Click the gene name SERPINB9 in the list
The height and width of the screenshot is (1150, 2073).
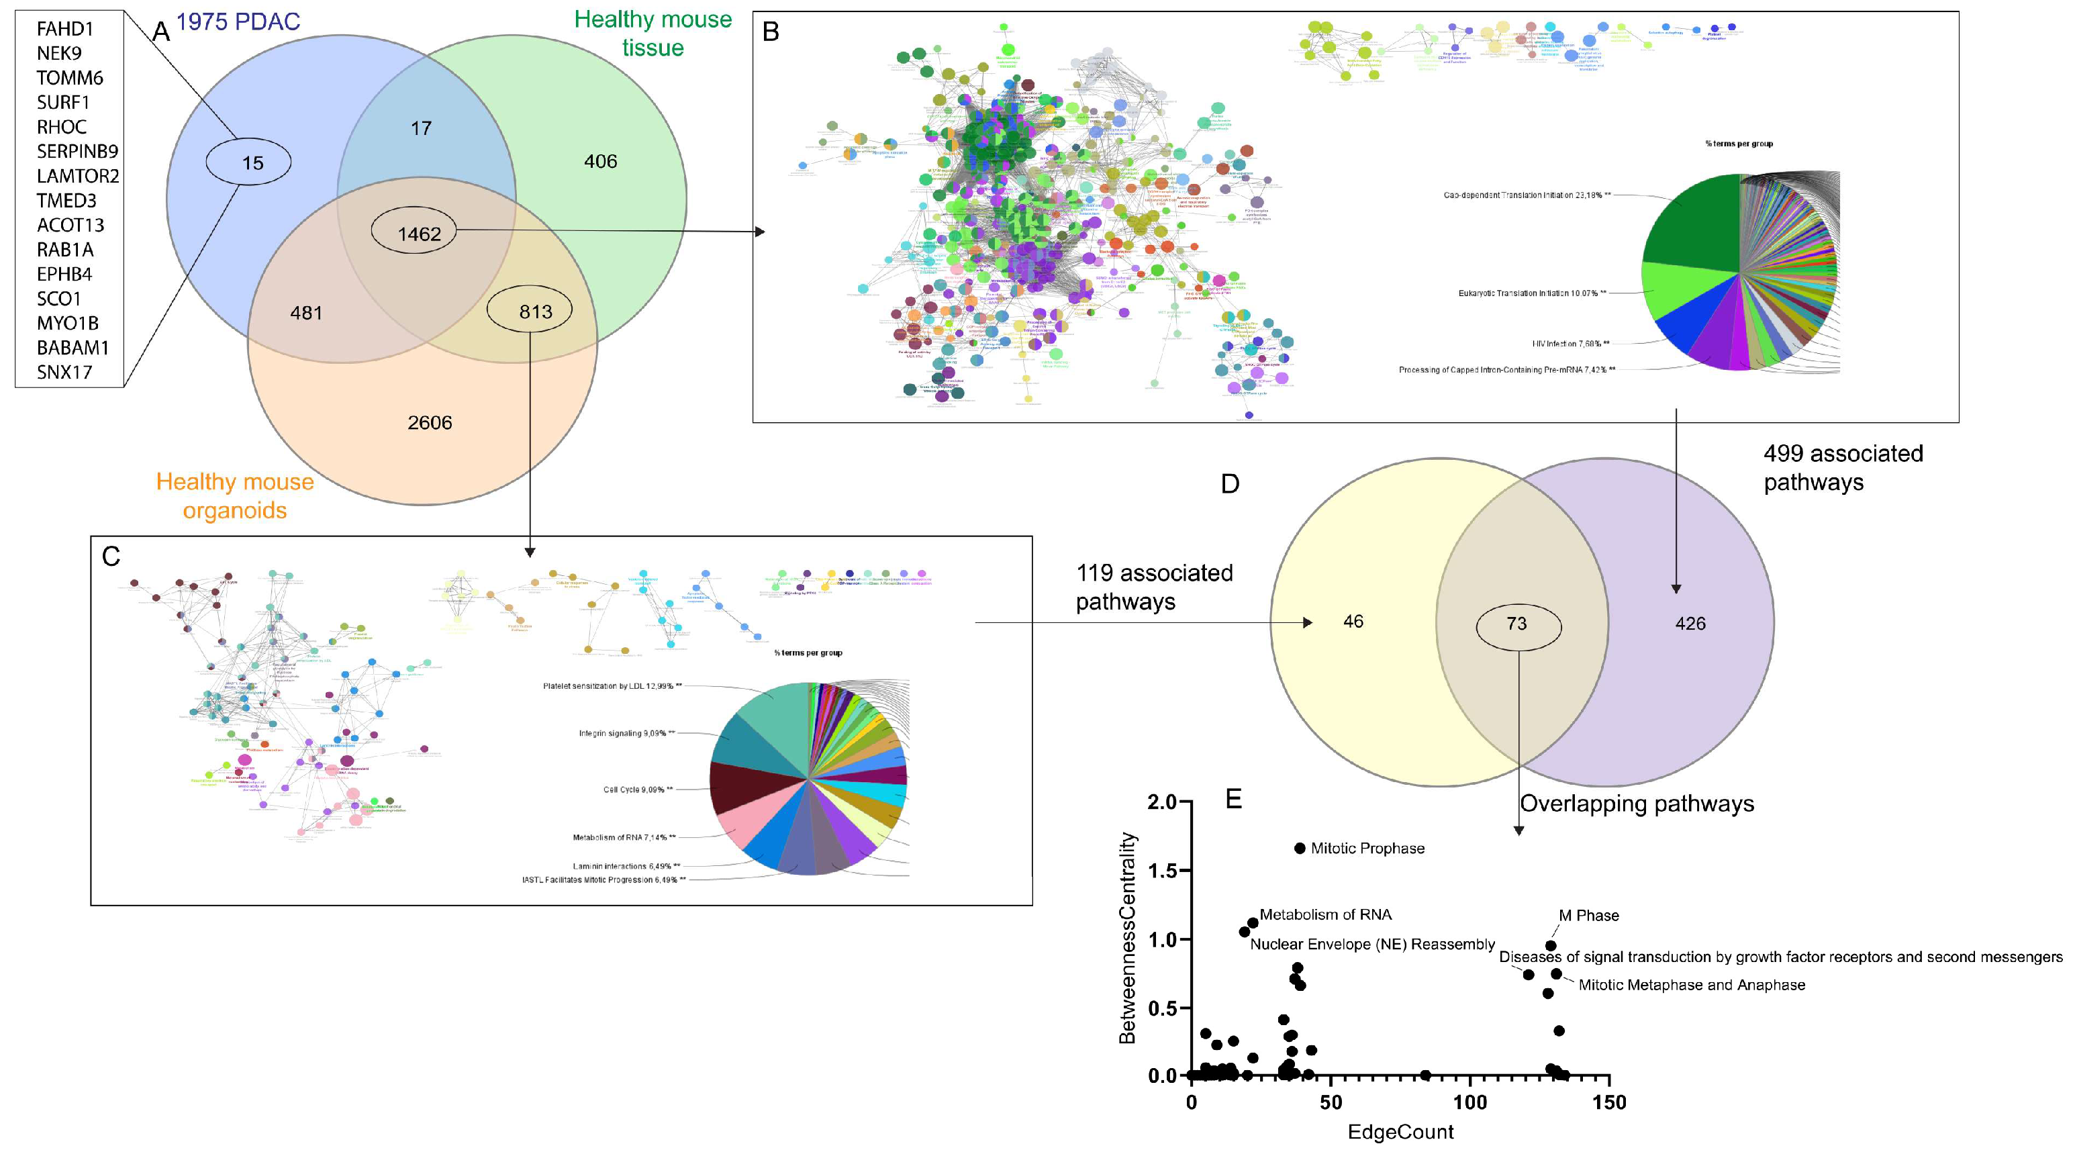[77, 151]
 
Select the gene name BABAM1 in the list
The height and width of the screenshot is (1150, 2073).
[73, 348]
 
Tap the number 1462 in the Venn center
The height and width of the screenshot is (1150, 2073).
[420, 234]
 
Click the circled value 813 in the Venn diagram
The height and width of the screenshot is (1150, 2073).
[535, 312]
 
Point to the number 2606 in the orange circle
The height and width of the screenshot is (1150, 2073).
[430, 422]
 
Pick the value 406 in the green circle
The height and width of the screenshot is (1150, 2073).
[600, 162]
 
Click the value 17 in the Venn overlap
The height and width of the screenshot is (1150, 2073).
[421, 129]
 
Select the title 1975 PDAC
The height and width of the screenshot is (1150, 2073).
[238, 21]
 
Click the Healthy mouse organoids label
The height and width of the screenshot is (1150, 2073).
[235, 495]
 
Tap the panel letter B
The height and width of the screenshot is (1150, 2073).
[770, 32]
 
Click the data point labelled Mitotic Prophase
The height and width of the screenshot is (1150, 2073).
[1300, 848]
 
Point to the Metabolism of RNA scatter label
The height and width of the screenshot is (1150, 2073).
[1324, 914]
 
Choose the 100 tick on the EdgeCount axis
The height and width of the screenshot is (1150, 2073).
[1469, 1102]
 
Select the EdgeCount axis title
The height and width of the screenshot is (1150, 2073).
[1400, 1131]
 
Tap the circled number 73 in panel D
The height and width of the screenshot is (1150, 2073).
[1517, 624]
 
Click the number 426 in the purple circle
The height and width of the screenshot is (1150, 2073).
[1690, 624]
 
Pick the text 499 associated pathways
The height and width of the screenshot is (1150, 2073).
[1842, 467]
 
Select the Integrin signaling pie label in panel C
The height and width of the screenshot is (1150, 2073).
[626, 733]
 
